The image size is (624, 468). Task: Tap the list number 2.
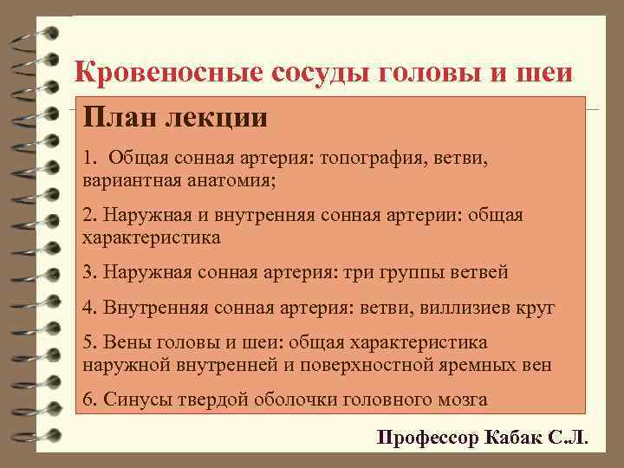click(88, 213)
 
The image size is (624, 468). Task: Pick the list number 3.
click(88, 272)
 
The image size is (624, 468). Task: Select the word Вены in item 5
click(122, 341)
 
